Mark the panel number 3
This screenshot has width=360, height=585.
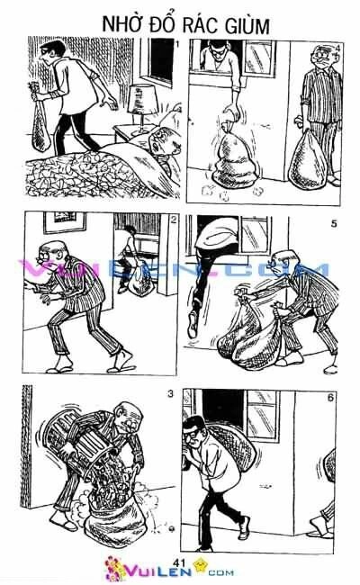pyautogui.click(x=170, y=393)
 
